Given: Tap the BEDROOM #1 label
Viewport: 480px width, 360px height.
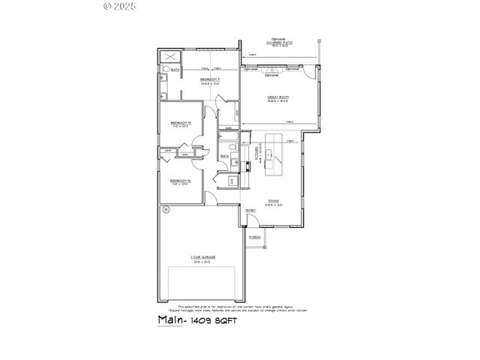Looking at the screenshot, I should click(209, 80).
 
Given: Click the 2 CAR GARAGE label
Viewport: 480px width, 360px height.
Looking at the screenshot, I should click(202, 258).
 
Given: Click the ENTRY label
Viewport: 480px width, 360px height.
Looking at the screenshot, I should click(251, 211).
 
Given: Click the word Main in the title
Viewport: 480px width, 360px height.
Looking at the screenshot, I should click(171, 319).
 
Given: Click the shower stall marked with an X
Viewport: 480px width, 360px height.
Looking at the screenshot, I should click(169, 57).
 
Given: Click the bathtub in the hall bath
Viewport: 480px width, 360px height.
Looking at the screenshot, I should click(226, 139).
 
